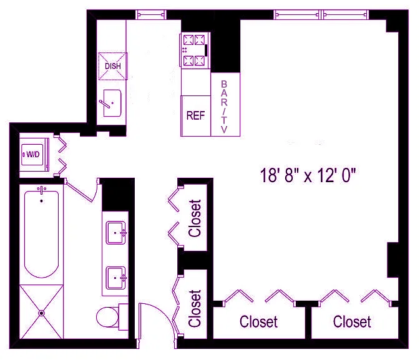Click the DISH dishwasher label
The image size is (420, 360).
113,66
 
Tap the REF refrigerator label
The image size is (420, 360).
195,115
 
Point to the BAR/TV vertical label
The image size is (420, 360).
224,107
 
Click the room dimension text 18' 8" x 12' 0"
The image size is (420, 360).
308,175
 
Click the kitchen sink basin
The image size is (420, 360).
112,103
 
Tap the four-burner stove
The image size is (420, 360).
195,50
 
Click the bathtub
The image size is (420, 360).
42,233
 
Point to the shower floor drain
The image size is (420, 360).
41,313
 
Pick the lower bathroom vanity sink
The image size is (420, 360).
115,278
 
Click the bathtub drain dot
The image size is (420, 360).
42,201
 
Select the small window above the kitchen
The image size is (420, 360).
151,14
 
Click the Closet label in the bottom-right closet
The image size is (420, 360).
352,322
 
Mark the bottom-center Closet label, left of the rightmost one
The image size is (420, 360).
258,322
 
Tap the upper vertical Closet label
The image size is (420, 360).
195,218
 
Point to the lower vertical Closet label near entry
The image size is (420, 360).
195,308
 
